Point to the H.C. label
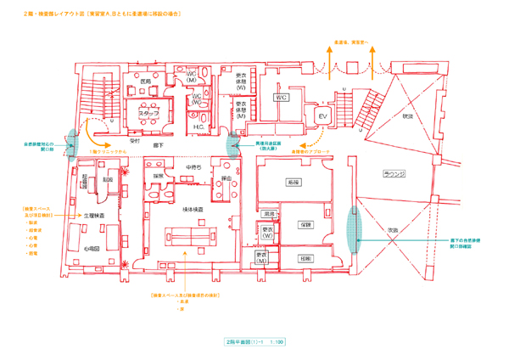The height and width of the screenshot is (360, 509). point(198,128)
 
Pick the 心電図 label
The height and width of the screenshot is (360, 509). point(93,248)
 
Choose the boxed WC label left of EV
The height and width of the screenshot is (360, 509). point(282,98)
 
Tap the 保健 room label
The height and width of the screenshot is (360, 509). point(306,225)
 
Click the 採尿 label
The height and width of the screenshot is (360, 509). point(158,176)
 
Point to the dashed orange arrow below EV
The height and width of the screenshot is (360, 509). point(316,135)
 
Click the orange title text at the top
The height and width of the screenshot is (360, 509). point(106,14)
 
